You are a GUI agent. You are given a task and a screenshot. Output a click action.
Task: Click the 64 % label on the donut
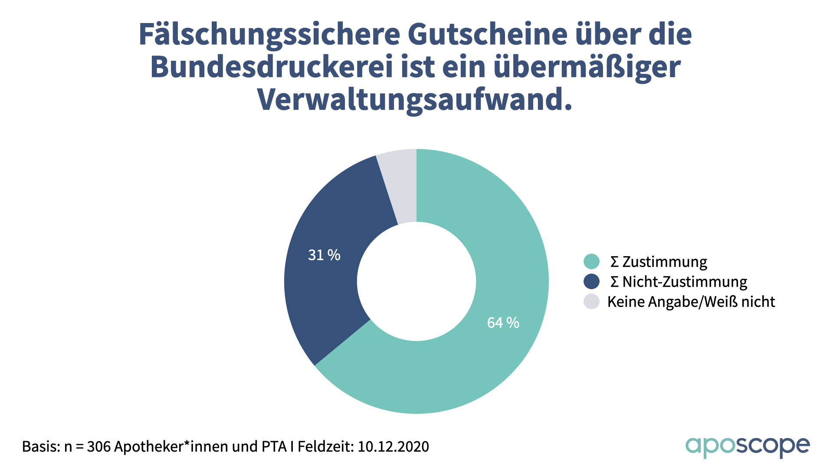coord(503,323)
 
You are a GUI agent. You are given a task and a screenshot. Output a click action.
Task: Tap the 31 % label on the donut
coord(324,255)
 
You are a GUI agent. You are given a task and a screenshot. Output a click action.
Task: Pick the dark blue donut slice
coord(325,295)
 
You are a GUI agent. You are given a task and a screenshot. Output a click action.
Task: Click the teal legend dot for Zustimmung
coord(591,261)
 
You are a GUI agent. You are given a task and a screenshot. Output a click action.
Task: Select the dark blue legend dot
coord(591,281)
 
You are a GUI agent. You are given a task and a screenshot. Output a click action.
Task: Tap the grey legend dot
coord(591,301)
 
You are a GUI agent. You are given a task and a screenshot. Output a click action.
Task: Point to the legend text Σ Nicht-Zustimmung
coord(679,282)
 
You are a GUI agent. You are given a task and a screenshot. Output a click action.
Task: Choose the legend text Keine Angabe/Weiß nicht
coord(691,302)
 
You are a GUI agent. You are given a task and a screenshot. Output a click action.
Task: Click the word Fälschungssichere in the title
coord(269,35)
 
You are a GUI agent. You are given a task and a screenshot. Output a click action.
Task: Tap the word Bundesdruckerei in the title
coord(272,67)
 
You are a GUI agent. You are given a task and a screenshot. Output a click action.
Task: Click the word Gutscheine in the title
coord(487,35)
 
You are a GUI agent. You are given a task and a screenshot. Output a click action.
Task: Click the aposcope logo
coord(748,446)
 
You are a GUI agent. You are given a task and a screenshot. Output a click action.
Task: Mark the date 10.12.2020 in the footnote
coord(393,446)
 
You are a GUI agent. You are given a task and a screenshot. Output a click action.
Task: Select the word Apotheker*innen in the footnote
coord(172,446)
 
